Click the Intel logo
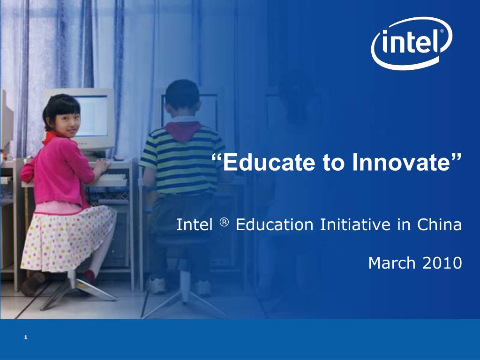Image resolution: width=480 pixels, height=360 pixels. pyautogui.click(x=412, y=43)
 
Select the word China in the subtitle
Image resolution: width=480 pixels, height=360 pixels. pyautogui.click(x=439, y=225)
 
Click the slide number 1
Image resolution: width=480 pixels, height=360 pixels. pyautogui.click(x=26, y=337)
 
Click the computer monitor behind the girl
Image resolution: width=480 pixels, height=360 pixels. pyautogui.click(x=94, y=115)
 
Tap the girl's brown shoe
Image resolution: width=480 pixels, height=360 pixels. pyautogui.click(x=33, y=284)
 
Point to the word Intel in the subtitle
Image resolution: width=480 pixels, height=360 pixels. pyautogui.click(x=195, y=225)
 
